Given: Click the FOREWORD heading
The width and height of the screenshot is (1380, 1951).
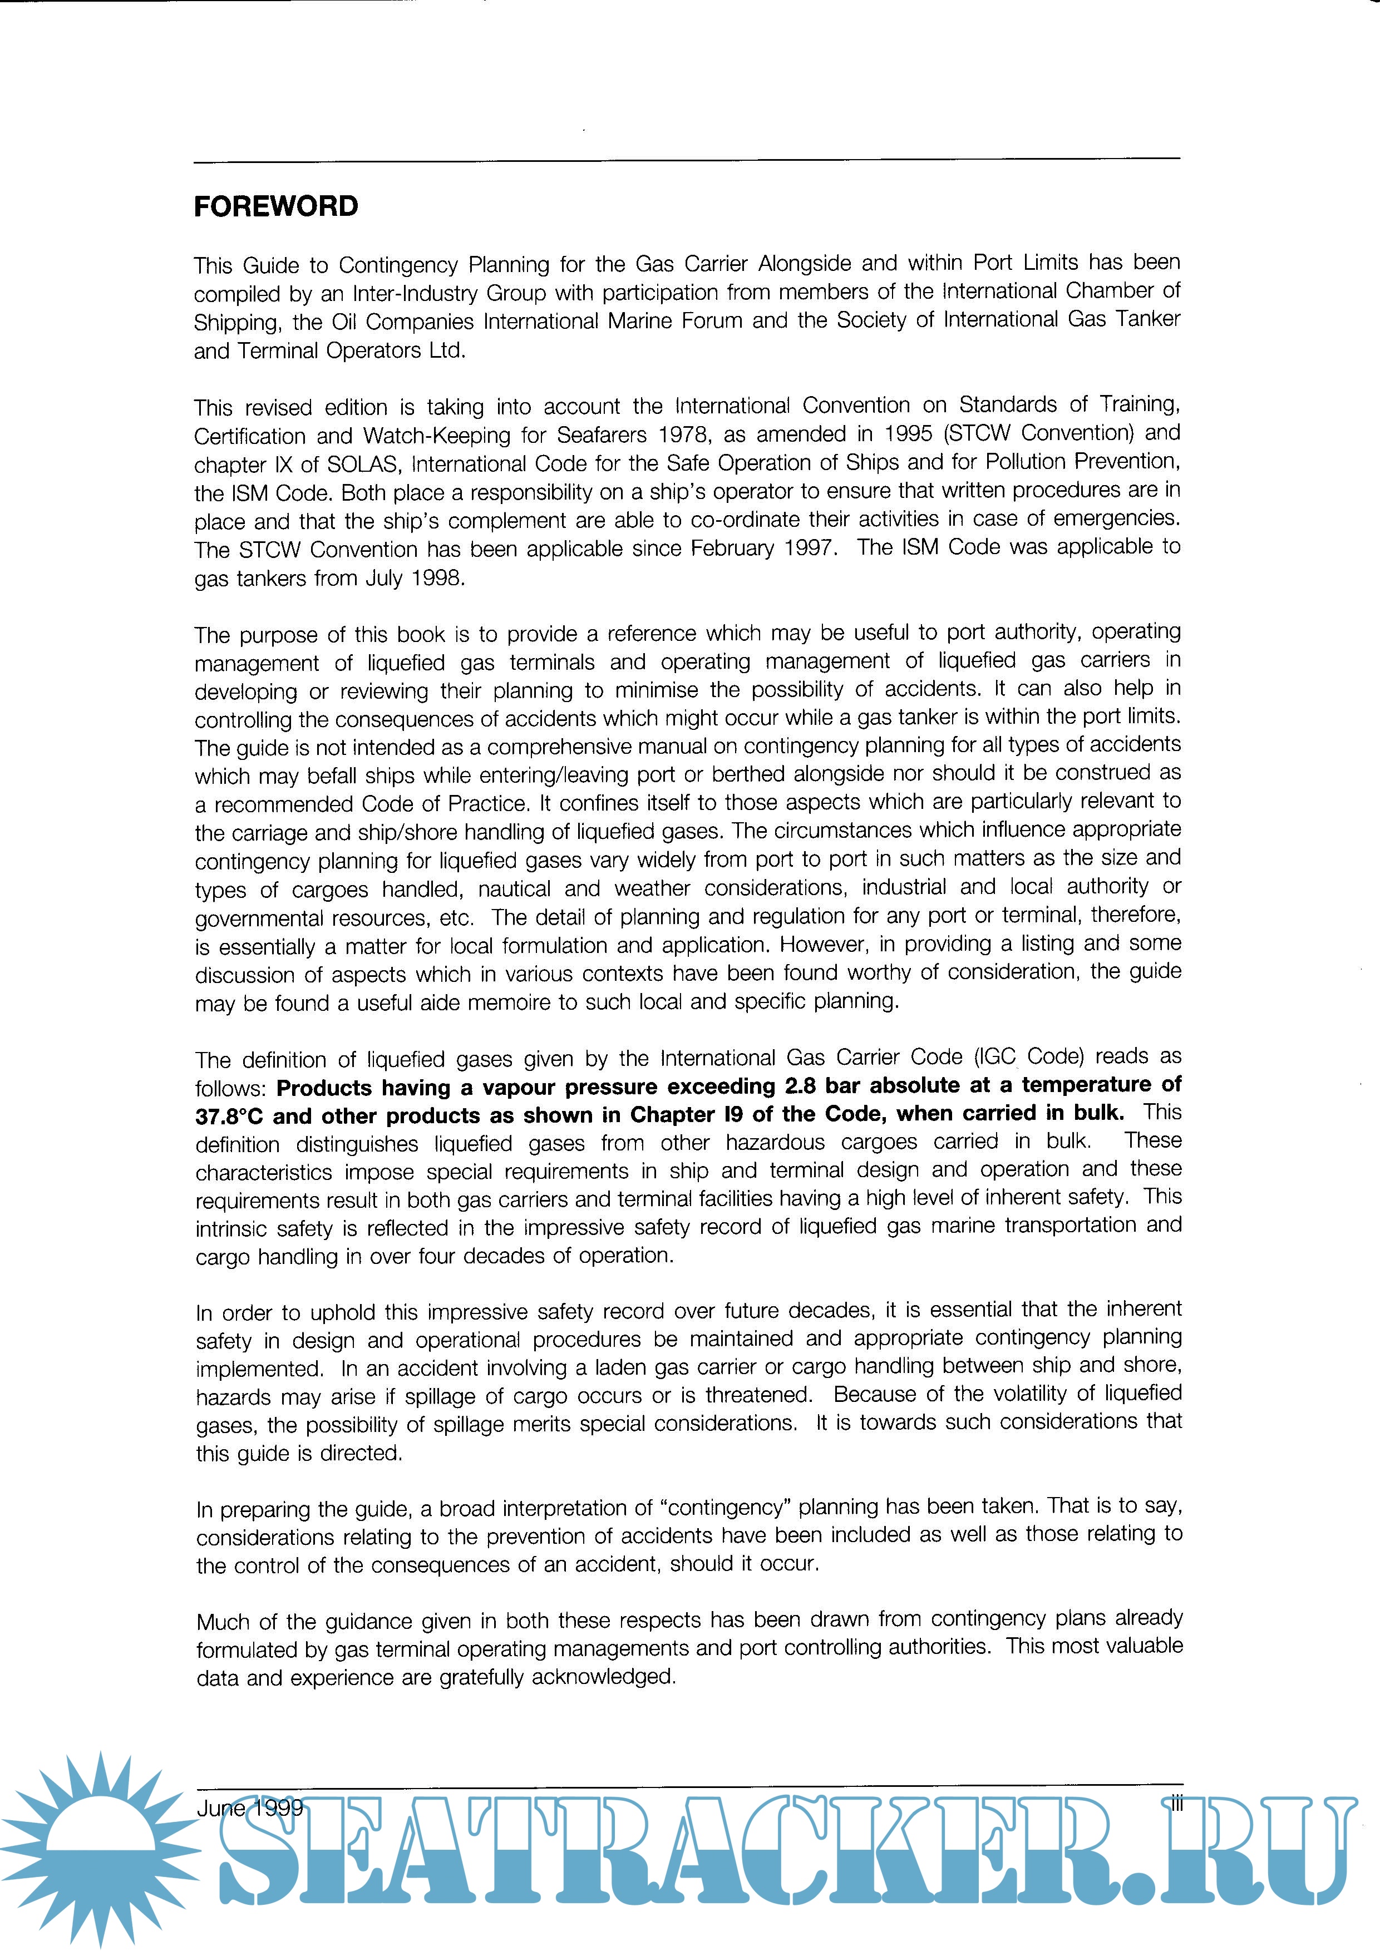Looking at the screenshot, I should (276, 206).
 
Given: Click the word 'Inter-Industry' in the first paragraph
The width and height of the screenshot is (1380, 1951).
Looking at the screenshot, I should (414, 294).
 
